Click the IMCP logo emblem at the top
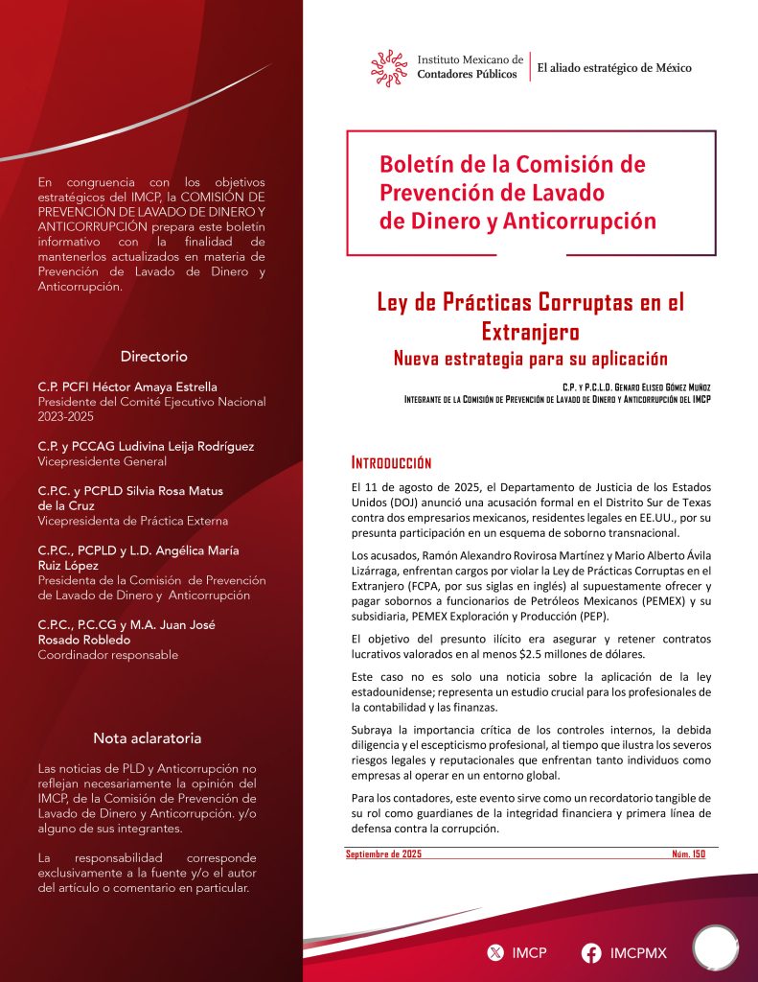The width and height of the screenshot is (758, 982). tap(390, 66)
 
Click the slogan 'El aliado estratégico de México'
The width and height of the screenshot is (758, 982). tap(613, 68)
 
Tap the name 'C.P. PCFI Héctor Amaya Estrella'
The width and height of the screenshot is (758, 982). tap(127, 386)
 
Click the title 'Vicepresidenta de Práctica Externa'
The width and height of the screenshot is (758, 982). tap(132, 521)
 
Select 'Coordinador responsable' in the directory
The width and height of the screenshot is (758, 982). tap(107, 655)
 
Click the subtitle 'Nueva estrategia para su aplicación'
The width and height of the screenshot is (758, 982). tap(530, 359)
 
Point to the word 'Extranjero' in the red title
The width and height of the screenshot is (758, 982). tap(530, 332)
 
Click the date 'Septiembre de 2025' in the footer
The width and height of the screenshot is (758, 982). tap(383, 853)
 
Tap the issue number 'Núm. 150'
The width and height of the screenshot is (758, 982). tap(688, 853)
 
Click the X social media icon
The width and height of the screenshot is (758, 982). tap(494, 953)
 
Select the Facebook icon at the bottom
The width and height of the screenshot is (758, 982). tap(591, 953)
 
